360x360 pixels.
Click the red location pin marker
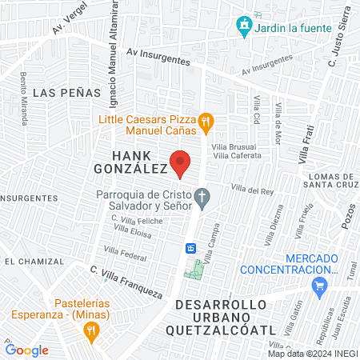[x=181, y=163]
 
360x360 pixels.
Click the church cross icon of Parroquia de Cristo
[x=203, y=196]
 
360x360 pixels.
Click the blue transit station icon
[x=192, y=248]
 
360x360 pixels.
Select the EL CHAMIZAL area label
[x=33, y=262]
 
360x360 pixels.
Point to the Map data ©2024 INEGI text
[x=313, y=354]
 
